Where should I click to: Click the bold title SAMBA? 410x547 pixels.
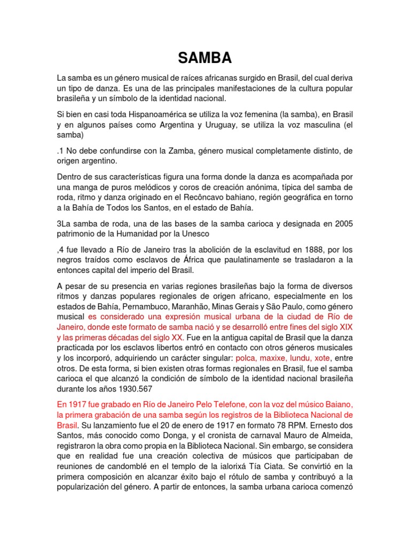coord(204,58)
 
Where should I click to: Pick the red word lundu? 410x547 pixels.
coord(302,358)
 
